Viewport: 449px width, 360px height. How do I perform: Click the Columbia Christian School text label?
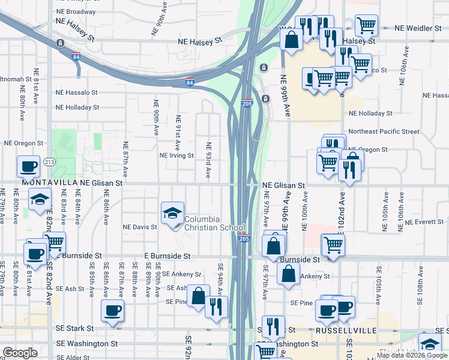click(x=214, y=223)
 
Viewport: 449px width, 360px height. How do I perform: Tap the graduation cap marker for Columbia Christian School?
click(x=172, y=212)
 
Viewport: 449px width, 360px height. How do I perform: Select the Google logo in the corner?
click(x=20, y=353)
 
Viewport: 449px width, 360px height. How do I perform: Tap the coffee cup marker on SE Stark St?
click(x=112, y=310)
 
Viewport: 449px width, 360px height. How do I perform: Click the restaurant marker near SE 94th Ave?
click(x=216, y=307)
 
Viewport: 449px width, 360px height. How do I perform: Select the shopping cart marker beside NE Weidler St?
click(x=366, y=25)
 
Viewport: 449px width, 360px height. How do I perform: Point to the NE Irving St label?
click(x=176, y=155)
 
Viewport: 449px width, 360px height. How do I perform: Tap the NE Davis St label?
click(x=139, y=227)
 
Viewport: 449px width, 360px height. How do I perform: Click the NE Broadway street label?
click(x=75, y=11)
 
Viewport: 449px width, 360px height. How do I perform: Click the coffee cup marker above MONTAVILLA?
click(x=28, y=166)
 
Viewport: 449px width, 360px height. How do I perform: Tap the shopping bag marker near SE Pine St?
click(x=197, y=295)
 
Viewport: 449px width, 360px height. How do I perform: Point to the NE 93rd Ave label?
click(x=208, y=160)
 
